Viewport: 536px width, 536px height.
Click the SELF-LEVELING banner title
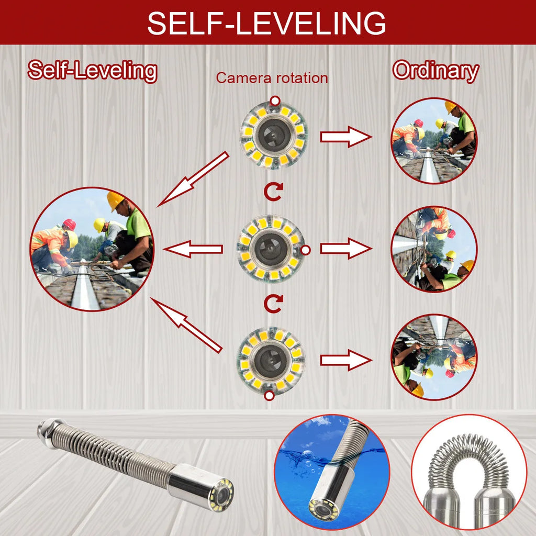(267, 23)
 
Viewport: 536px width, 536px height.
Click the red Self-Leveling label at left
(92, 71)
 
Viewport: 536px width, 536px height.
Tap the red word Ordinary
(435, 71)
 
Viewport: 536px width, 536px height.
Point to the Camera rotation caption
(272, 78)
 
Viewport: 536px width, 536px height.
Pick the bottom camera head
(271, 360)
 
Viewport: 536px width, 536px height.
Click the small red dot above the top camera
(274, 100)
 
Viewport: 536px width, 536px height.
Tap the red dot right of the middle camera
(306, 250)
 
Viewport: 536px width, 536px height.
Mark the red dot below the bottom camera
(269, 396)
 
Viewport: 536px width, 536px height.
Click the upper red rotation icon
(273, 192)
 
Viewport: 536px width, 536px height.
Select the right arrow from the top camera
(345, 137)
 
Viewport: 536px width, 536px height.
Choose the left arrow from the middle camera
(193, 249)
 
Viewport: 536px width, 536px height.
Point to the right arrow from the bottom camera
(345, 360)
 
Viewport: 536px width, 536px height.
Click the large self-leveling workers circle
(92, 249)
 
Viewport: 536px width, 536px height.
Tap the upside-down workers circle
(434, 357)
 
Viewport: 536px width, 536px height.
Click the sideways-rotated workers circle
(434, 249)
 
